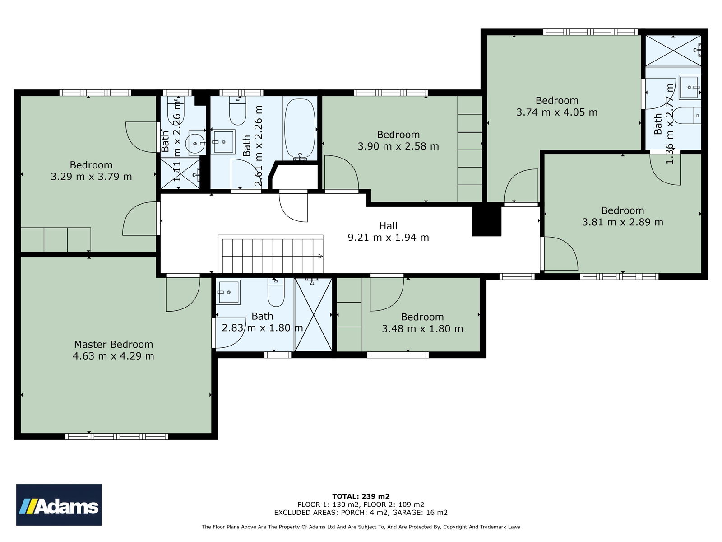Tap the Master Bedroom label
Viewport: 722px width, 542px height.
pos(113,344)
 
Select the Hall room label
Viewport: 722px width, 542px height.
pos(388,226)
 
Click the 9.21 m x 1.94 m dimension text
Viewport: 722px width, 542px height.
pos(388,237)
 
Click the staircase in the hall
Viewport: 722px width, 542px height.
pos(270,254)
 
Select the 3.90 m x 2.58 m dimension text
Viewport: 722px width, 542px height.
pos(398,146)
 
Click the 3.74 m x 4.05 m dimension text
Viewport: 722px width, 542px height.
pos(557,112)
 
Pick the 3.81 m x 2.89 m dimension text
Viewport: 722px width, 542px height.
pos(623,222)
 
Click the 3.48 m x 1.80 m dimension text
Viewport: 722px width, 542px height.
pos(422,329)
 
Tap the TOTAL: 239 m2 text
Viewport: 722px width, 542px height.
pos(361,496)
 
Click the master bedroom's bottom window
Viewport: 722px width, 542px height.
pos(117,436)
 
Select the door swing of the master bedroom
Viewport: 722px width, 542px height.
pos(183,294)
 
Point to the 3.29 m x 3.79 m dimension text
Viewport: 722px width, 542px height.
pos(91,177)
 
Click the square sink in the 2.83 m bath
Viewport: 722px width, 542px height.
pos(228,292)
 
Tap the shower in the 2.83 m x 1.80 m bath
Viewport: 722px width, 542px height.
pos(313,315)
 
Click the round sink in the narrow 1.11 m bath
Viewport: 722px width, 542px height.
pos(195,144)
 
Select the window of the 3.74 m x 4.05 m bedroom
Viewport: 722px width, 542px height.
pos(590,32)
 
